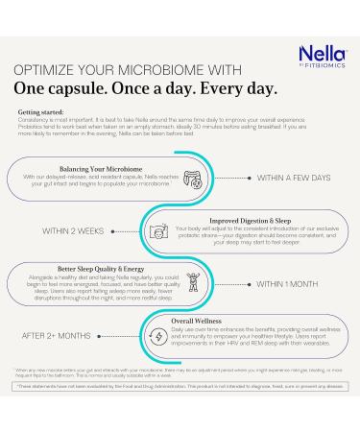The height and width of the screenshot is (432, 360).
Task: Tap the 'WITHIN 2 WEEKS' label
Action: pos(73,230)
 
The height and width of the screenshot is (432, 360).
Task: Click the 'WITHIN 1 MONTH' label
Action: pos(286,284)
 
